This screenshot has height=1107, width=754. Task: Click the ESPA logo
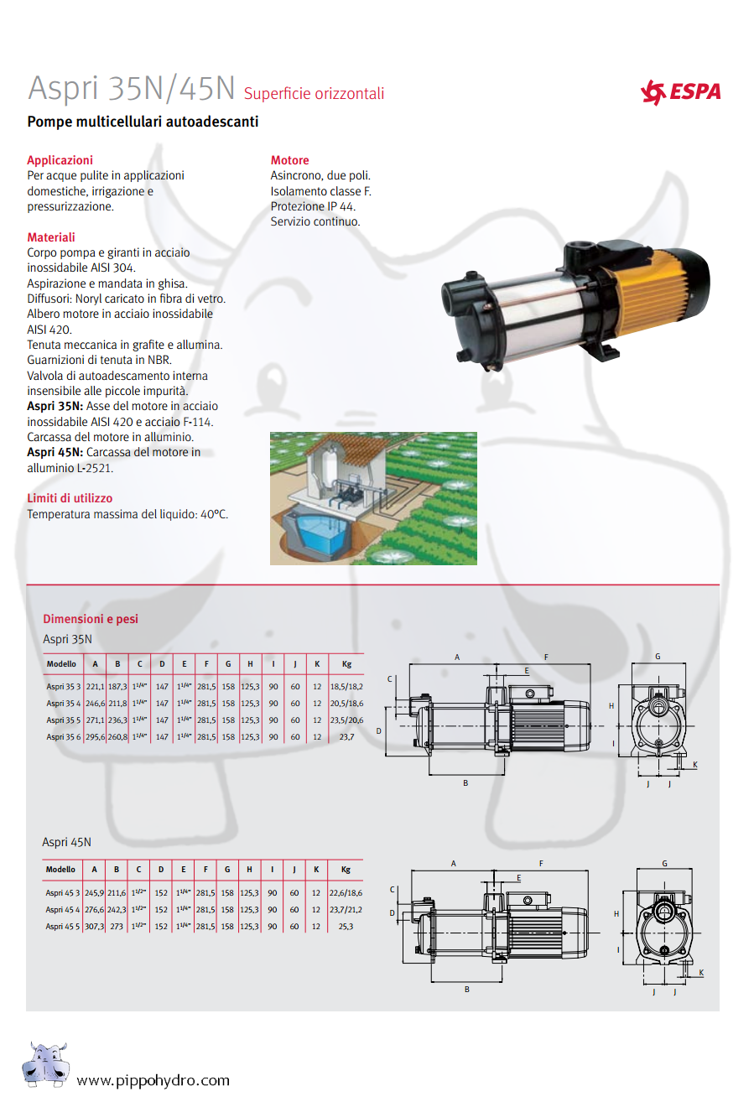[680, 91]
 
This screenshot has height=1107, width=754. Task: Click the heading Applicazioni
[60, 160]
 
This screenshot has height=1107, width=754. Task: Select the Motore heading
[289, 160]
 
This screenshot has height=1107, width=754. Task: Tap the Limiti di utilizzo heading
[70, 498]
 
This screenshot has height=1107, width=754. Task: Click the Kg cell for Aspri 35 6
[346, 737]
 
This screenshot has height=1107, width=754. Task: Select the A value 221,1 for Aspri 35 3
[95, 687]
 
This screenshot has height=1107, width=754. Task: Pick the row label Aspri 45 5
[63, 927]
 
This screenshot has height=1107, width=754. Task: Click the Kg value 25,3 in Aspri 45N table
[346, 927]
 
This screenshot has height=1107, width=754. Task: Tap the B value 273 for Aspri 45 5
[117, 927]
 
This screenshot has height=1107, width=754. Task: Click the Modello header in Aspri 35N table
[61, 664]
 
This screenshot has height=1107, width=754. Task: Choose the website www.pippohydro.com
[153, 1080]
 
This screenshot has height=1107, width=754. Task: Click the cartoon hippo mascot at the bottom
[45, 1064]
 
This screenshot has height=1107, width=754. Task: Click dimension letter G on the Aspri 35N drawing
[658, 657]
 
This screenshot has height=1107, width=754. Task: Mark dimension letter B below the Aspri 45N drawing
[467, 990]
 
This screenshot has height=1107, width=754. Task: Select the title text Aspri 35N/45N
[132, 88]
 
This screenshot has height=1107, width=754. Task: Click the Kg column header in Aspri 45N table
[346, 870]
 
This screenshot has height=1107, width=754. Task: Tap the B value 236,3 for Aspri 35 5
[117, 720]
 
